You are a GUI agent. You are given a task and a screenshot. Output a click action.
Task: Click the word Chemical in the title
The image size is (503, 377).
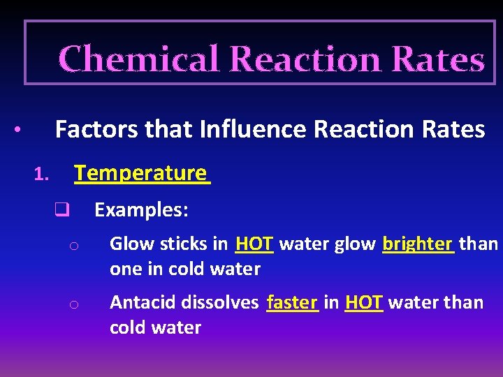point(139,59)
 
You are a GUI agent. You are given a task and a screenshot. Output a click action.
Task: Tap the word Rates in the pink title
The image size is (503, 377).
point(438,59)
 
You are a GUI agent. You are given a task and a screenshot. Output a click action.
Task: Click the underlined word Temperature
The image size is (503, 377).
point(140,172)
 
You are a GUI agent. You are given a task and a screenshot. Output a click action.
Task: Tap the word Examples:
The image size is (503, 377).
point(141,209)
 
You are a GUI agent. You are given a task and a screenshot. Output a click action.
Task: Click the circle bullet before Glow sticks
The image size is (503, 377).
point(73,246)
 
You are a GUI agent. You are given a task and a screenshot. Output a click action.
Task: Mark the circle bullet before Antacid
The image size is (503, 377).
point(73,304)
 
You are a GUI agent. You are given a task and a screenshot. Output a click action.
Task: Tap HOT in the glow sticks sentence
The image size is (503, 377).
point(254,244)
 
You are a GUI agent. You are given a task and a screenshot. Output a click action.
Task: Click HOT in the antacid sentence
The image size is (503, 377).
point(364,302)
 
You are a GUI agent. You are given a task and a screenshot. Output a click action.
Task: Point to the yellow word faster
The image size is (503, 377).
point(292,302)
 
